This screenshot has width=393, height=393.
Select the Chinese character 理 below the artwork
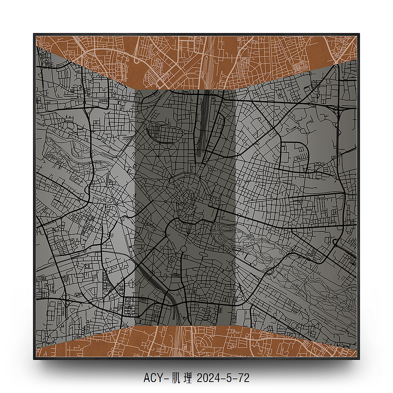(188, 378)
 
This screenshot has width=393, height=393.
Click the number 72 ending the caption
(244, 378)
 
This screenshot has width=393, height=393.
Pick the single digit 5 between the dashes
(229, 378)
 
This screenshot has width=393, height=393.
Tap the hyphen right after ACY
(165, 378)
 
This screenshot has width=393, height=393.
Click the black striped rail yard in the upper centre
(203, 126)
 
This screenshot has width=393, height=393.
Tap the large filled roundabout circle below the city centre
(183, 249)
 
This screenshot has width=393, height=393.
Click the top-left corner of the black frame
(34, 34)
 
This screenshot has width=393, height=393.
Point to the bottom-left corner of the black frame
(34, 358)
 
